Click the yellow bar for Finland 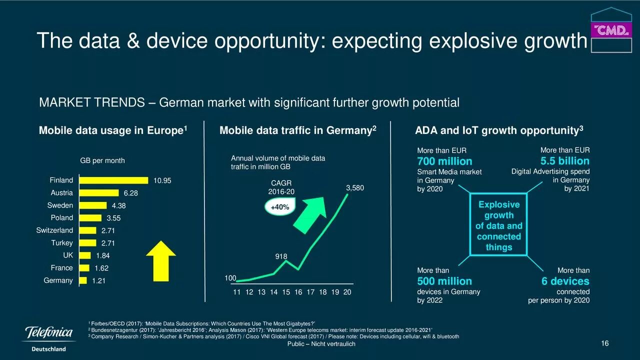click(x=113, y=180)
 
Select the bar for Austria click(x=98, y=193)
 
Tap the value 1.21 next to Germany click(x=98, y=281)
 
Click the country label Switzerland click(x=54, y=230)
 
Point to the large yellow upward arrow click(x=160, y=260)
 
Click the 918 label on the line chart click(x=281, y=256)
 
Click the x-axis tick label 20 click(x=347, y=292)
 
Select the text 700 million click(x=444, y=161)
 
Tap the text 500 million click(x=444, y=281)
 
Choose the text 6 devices click(x=565, y=281)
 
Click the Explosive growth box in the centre click(x=498, y=226)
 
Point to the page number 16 click(x=604, y=343)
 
